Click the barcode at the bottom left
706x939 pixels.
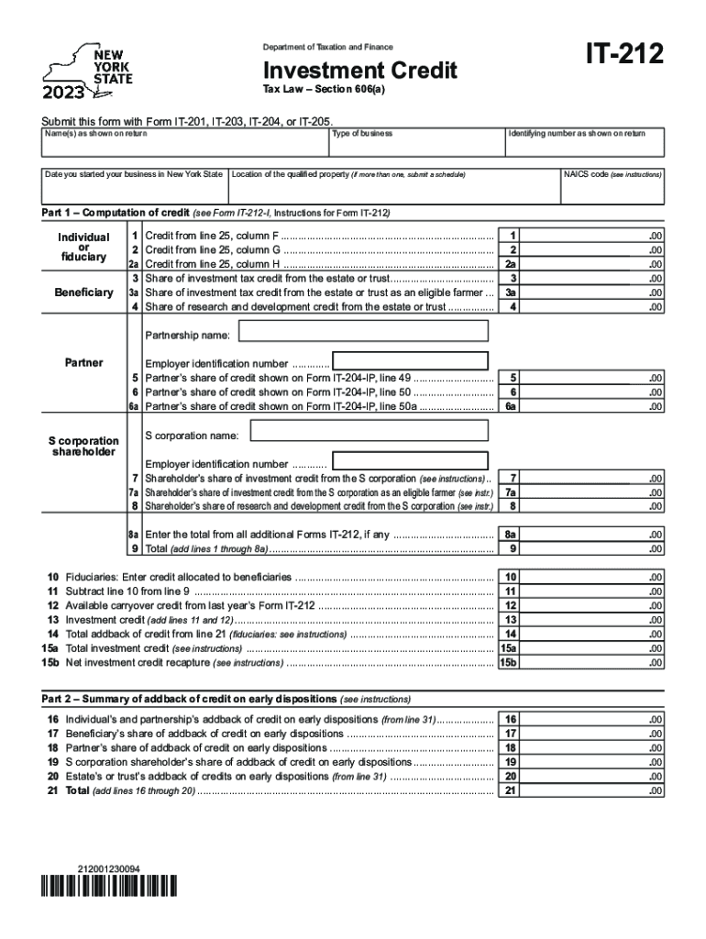(109, 887)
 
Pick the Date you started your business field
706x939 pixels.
(134, 187)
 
